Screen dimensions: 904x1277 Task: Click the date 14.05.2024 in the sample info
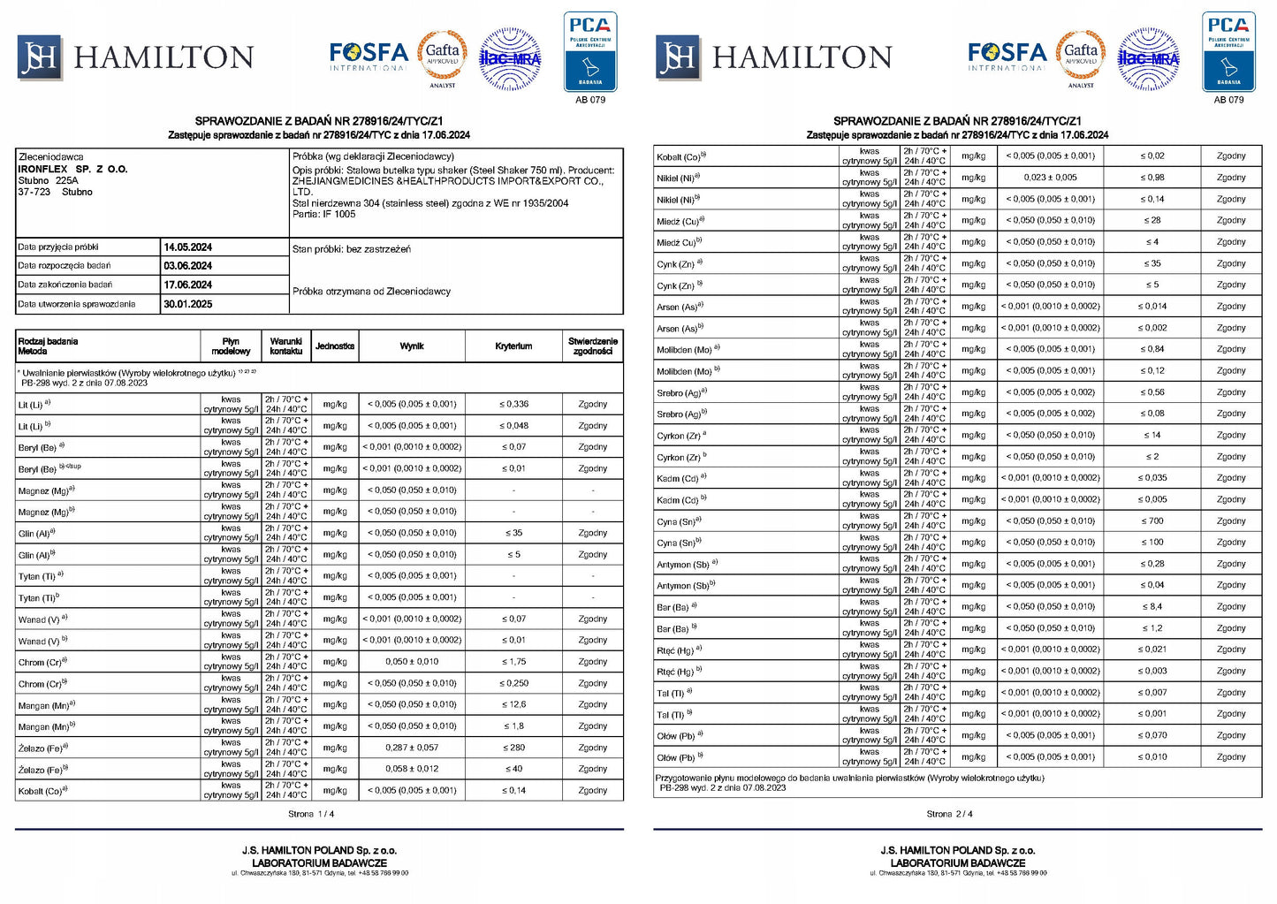(187, 247)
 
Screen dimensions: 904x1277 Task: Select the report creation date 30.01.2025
(187, 304)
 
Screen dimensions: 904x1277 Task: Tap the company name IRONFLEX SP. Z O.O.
(73, 169)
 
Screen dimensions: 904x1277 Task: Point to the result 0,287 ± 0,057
(412, 748)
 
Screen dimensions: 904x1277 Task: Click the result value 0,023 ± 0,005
(1050, 178)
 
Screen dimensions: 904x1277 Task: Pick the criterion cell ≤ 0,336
(513, 404)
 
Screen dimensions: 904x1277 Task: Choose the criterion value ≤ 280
(513, 748)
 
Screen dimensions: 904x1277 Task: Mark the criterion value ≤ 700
(1152, 521)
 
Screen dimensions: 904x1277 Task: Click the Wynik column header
(412, 346)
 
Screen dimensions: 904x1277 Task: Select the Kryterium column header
(513, 346)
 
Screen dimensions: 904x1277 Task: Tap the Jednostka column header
(335, 346)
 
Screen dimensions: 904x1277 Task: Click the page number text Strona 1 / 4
(311, 814)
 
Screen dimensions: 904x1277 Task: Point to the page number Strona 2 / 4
(949, 814)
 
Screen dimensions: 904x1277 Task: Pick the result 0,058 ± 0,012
(412, 769)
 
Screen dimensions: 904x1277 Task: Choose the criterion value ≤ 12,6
(513, 704)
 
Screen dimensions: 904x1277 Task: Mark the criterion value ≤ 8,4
(1152, 607)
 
